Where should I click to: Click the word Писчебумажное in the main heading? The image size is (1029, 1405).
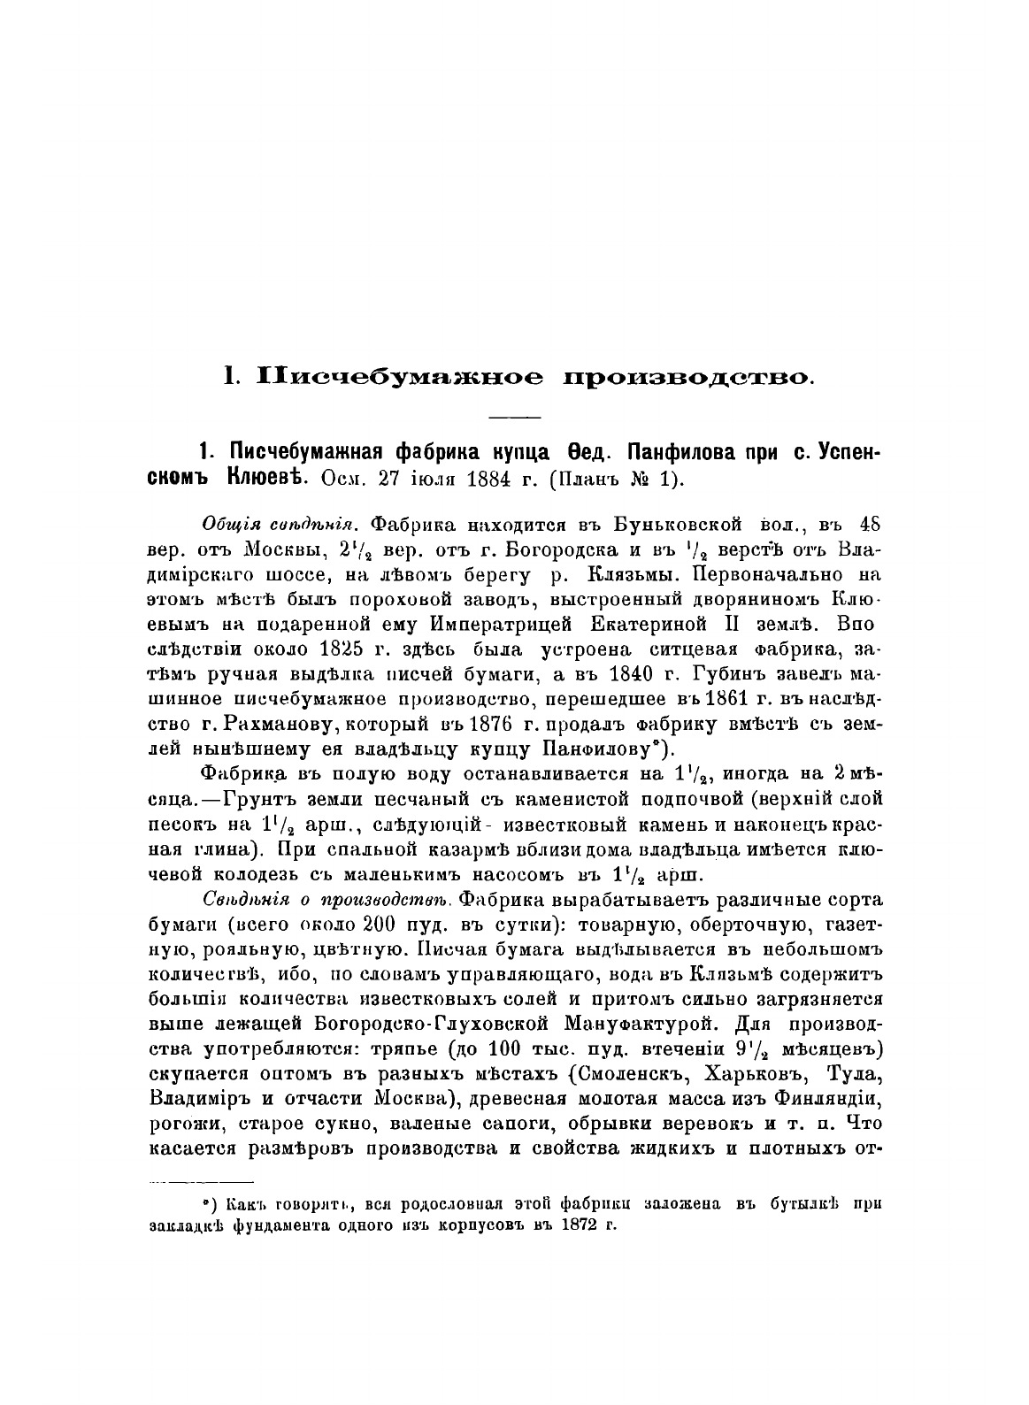[x=399, y=376]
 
